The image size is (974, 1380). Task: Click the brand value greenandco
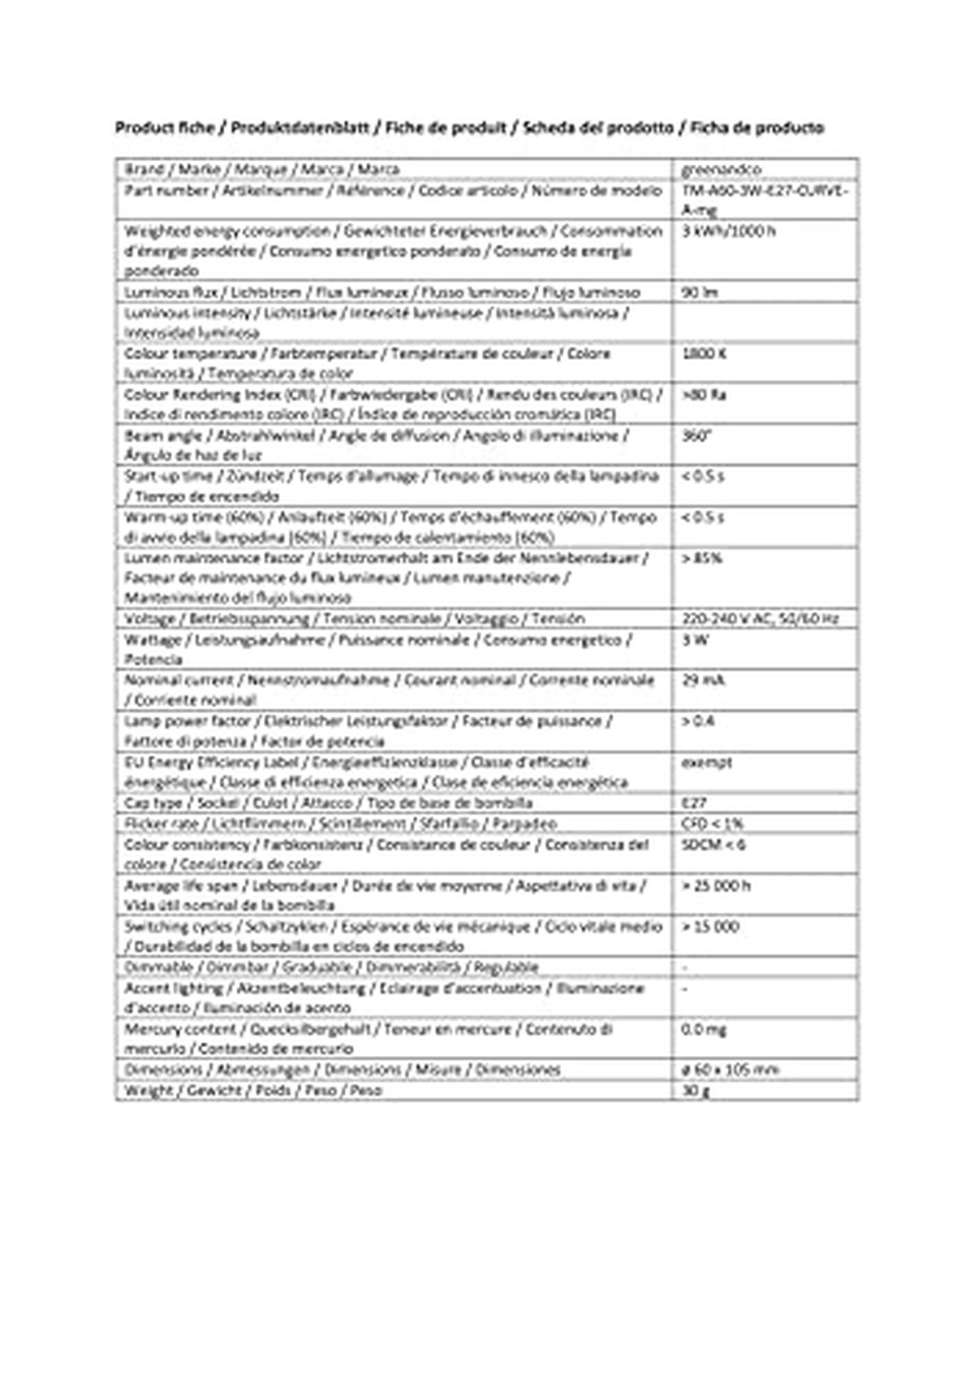point(721,170)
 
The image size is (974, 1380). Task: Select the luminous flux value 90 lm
point(700,292)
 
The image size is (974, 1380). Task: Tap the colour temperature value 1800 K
point(704,353)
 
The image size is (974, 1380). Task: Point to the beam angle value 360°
point(696,435)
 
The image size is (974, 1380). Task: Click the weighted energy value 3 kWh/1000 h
point(728,231)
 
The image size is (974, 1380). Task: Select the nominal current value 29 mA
point(703,680)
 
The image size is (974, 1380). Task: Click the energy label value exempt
point(706,763)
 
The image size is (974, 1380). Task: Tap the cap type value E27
point(695,803)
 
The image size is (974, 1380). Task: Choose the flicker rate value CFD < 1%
point(712,824)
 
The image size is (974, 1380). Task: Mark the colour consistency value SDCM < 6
point(713,845)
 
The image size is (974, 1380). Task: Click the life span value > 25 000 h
point(716,885)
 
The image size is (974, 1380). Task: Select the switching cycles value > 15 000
point(710,927)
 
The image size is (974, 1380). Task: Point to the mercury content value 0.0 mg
point(704,1029)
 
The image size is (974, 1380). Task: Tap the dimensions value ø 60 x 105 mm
point(730,1070)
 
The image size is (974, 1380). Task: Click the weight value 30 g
point(696,1090)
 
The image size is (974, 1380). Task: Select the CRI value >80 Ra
point(704,395)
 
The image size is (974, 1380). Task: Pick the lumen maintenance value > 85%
point(702,558)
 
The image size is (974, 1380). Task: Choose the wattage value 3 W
point(696,640)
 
